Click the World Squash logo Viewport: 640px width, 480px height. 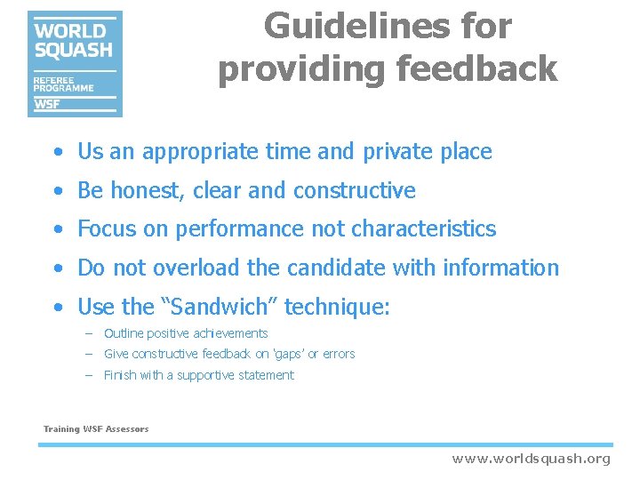click(x=75, y=64)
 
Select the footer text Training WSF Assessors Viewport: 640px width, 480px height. click(x=96, y=429)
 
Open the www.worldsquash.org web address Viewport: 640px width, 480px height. click(x=531, y=459)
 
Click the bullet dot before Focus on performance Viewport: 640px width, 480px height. click(x=57, y=229)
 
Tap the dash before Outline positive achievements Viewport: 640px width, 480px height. click(x=89, y=333)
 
